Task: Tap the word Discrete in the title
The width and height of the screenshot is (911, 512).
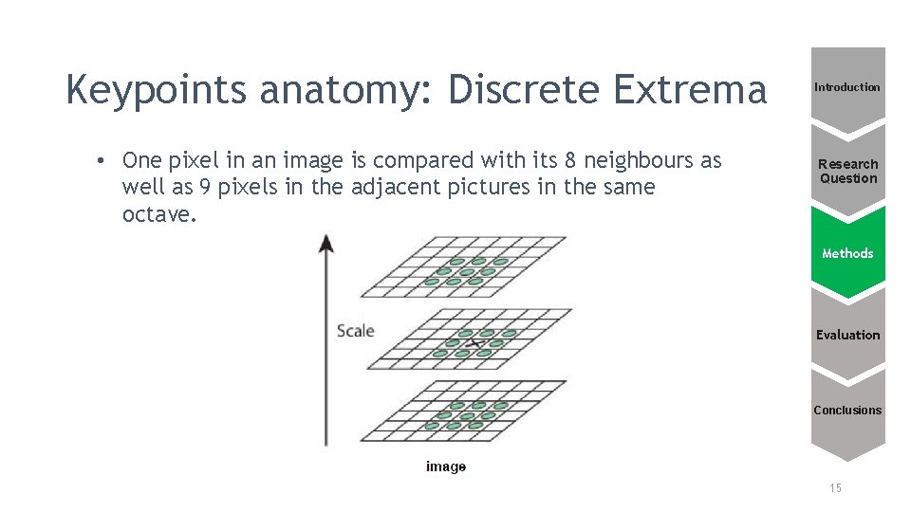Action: pyautogui.click(x=525, y=90)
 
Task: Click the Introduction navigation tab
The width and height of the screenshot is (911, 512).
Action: pyautogui.click(x=847, y=87)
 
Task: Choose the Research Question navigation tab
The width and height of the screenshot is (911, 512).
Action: pyautogui.click(x=848, y=171)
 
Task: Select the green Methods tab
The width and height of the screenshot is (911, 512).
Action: pyautogui.click(x=847, y=253)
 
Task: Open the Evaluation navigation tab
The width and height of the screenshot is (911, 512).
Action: pyautogui.click(x=847, y=335)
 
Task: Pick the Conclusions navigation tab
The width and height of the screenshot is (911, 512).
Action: pyautogui.click(x=847, y=411)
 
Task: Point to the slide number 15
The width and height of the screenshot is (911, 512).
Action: pyautogui.click(x=835, y=488)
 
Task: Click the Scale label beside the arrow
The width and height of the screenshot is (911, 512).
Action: pyautogui.click(x=356, y=331)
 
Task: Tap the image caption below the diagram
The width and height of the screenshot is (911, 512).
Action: pyautogui.click(x=446, y=466)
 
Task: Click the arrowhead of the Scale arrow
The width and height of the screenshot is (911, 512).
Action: pyautogui.click(x=326, y=242)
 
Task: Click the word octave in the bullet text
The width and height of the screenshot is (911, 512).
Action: pyautogui.click(x=157, y=214)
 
